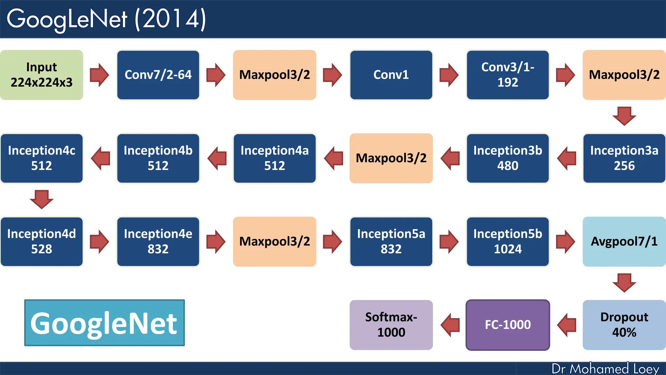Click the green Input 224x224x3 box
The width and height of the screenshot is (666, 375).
coord(42,75)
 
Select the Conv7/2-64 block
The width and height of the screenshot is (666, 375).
coord(158,75)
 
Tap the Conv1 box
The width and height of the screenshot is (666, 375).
coord(391,75)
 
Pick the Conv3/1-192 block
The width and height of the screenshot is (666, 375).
coord(508,75)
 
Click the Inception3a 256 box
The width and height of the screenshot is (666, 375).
coord(624,158)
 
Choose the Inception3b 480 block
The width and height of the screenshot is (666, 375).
coord(508,158)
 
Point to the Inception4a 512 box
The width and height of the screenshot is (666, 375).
coord(274,158)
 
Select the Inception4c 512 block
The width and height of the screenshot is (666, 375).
coord(42,158)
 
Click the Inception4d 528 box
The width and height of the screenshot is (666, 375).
coord(42,242)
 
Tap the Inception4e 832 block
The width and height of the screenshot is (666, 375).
coord(158,242)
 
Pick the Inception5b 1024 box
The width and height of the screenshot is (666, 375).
coord(508,242)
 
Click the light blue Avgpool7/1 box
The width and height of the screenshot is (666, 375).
coord(624,242)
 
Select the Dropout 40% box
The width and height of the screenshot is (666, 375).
coord(624,325)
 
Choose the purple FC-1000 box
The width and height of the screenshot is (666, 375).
coord(508,325)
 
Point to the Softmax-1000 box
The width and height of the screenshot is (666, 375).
coord(391,325)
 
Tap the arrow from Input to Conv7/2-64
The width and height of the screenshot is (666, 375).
coord(99,75)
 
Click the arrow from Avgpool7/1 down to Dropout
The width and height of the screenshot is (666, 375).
coord(624,282)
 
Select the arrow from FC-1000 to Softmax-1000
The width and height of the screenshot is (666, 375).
coord(450,325)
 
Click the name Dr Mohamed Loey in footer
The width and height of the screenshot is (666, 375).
coord(605,368)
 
